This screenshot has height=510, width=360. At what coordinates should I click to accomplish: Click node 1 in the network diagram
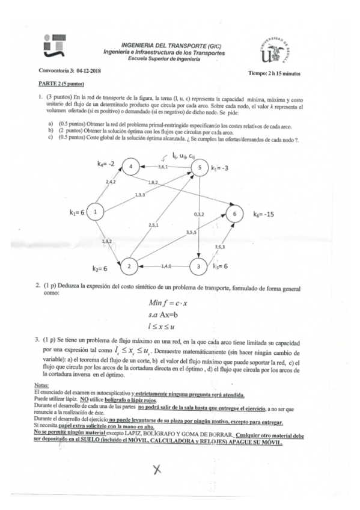tap(96, 210)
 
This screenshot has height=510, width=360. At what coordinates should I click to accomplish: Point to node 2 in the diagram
tap(128, 265)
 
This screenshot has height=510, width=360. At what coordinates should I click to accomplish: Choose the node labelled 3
tap(199, 265)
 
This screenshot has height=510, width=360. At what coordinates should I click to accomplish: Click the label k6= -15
tap(263, 214)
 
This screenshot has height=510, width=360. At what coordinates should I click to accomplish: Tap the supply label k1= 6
tap(77, 211)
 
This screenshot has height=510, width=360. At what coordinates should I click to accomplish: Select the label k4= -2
tap(107, 163)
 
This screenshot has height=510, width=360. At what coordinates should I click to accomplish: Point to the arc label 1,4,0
tap(167, 265)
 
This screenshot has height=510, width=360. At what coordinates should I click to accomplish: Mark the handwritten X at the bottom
tap(157, 470)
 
